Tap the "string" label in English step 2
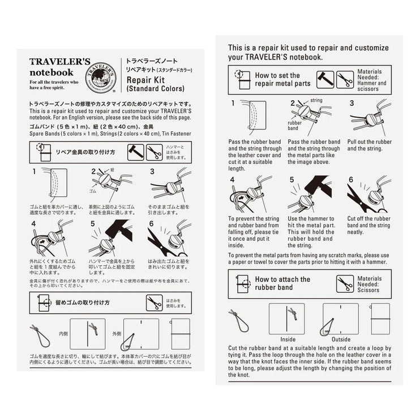pos(316,100)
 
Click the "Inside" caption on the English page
pos(288,340)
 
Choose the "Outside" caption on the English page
pos(341,340)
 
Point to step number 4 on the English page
pos(233,180)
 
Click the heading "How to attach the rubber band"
pos(282,283)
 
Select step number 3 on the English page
pos(352,103)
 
